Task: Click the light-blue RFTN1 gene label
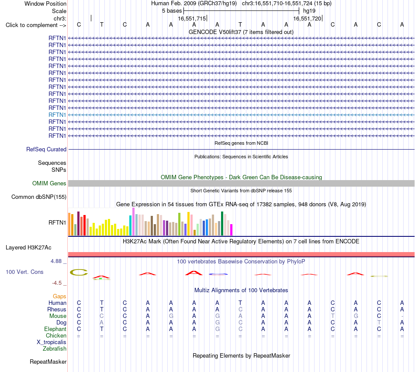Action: [x=57, y=115]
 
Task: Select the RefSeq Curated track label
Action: [x=46, y=149]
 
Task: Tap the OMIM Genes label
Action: [x=49, y=183]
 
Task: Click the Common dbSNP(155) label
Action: [x=39, y=197]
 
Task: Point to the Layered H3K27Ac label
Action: [x=28, y=248]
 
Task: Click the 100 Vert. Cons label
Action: [x=24, y=272]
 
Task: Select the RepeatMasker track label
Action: [x=48, y=362]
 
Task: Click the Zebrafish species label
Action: [x=55, y=349]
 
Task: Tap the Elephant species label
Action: [x=55, y=329]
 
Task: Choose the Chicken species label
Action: [x=56, y=335]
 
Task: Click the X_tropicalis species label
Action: [x=52, y=342]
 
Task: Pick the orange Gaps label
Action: [x=59, y=297]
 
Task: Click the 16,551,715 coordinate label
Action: [x=192, y=18]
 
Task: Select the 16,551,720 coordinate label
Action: [x=307, y=18]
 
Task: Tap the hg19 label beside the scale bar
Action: [x=309, y=11]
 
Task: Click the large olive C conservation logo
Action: [x=79, y=273]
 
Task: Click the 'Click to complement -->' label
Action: [x=36, y=25]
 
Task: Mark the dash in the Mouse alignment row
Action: [x=402, y=316]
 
